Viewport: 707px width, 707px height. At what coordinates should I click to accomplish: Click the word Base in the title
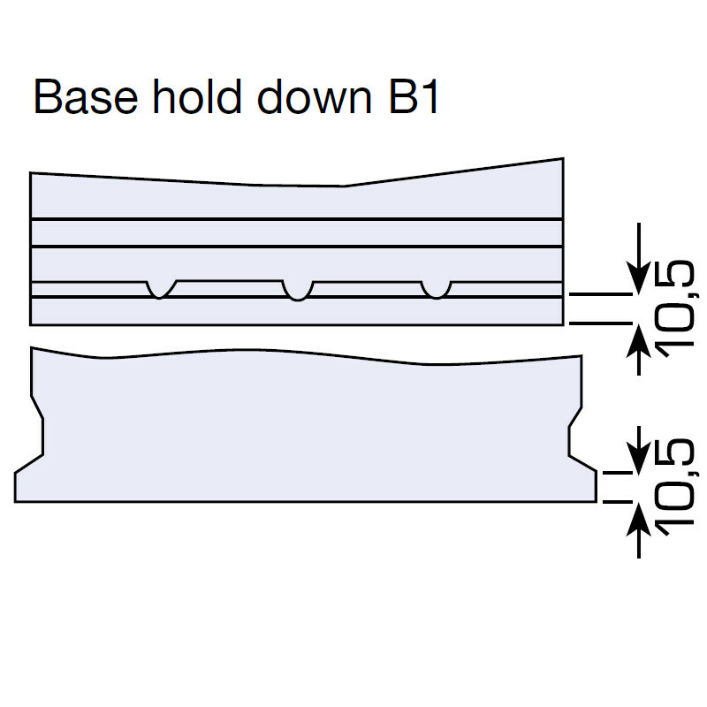click(86, 97)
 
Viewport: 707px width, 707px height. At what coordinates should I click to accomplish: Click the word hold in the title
click(197, 96)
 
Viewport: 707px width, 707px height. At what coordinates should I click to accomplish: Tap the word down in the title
click(315, 96)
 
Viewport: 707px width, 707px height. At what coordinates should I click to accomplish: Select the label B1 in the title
click(413, 97)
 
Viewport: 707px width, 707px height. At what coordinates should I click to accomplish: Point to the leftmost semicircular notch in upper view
click(161, 290)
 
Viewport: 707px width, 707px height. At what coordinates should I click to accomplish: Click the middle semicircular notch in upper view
click(298, 291)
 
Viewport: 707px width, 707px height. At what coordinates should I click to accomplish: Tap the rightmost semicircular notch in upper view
click(436, 290)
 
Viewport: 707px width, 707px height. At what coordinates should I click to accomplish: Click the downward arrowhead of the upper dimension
click(638, 280)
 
